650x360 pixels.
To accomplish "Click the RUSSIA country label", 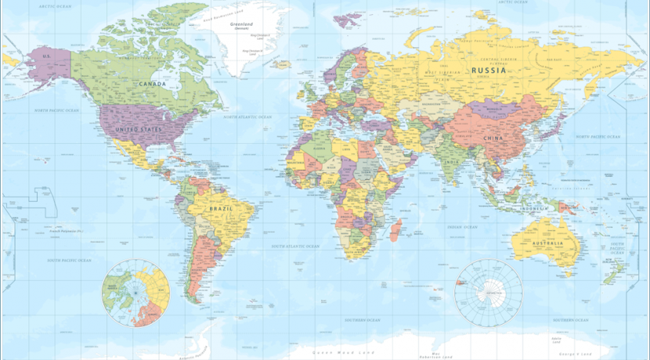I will tap(488, 70).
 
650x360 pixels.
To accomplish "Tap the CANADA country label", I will tap(152, 84).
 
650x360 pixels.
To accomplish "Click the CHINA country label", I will tap(493, 139).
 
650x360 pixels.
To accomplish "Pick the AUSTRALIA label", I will tap(547, 244).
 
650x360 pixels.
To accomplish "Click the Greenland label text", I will tap(240, 24).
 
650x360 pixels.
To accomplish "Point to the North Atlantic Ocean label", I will tap(247, 117).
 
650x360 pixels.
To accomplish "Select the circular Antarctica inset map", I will tap(489, 293).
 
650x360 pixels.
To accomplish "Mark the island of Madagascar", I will tap(396, 229).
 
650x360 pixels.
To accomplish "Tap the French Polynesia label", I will tap(66, 232).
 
